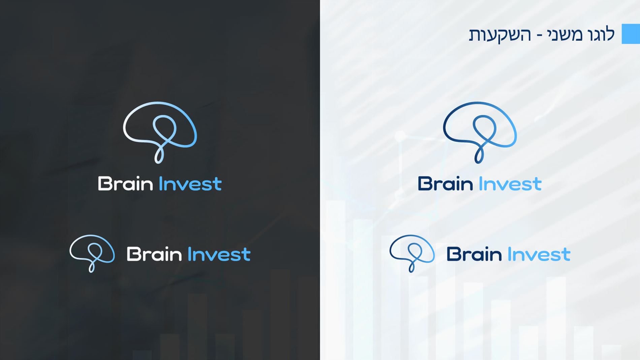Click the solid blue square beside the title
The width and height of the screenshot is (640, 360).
pos(631,34)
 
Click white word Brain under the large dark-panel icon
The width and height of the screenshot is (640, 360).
pos(125,184)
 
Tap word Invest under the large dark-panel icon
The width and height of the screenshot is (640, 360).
pos(190,184)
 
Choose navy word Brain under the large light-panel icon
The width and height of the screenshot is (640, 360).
pos(445,184)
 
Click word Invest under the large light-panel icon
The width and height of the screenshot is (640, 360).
pos(510,184)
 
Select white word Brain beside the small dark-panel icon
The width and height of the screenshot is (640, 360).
pos(154,254)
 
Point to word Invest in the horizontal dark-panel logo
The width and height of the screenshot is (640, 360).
pos(219,254)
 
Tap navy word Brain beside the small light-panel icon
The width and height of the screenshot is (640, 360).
pos(474,254)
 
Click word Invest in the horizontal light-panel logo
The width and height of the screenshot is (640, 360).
pos(539,254)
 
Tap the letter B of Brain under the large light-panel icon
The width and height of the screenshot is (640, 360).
pos(424,184)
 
